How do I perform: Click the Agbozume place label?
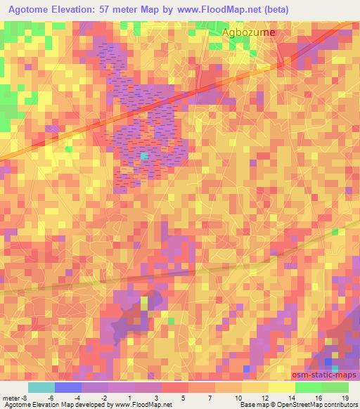248,32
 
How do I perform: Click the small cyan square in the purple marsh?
144,155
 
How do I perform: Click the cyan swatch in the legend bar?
41,387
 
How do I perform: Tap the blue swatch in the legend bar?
67,387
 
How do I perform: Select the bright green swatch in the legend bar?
308,387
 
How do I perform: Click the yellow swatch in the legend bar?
255,387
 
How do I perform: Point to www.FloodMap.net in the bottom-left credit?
143,405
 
